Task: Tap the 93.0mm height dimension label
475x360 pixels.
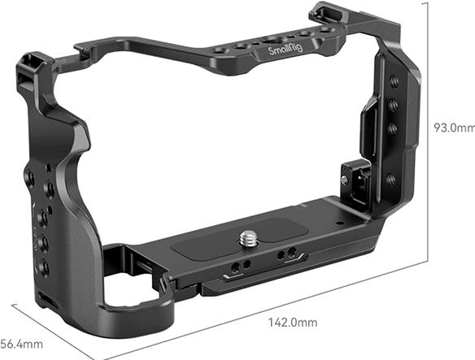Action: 453,128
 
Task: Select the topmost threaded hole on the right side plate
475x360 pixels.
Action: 394,80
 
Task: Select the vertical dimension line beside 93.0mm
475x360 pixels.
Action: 429,130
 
